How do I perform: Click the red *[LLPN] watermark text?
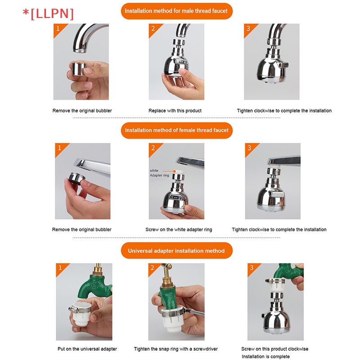[x=48, y=14]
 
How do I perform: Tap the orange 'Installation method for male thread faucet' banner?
[x=176, y=11]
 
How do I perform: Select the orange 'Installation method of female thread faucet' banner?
[x=176, y=130]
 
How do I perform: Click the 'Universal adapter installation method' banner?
[x=176, y=251]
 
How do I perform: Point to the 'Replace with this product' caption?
[x=175, y=111]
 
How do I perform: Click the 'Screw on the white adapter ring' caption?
[x=179, y=229]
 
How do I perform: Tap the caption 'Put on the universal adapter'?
[x=87, y=349]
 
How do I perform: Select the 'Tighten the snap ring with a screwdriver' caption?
[x=176, y=349]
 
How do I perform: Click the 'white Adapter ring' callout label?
[x=159, y=173]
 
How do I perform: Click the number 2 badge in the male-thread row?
[x=153, y=28]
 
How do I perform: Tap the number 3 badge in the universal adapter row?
[x=252, y=268]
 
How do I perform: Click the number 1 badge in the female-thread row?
[x=59, y=148]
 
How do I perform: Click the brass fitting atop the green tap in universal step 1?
[x=98, y=269]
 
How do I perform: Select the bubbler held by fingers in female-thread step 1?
[x=76, y=178]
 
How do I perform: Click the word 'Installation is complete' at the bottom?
[x=265, y=356]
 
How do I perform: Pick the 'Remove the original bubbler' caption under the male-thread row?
[x=82, y=111]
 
